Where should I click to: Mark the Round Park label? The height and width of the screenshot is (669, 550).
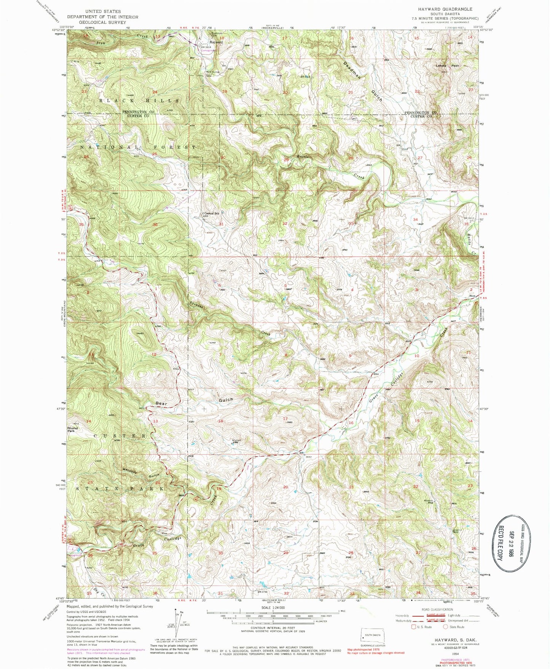72,429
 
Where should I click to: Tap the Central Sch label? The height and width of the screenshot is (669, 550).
212,213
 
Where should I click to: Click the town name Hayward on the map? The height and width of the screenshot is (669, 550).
216,42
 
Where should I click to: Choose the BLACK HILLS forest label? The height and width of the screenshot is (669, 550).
139,100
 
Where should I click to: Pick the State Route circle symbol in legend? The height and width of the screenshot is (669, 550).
445,627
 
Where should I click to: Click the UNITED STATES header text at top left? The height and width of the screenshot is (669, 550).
103,11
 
